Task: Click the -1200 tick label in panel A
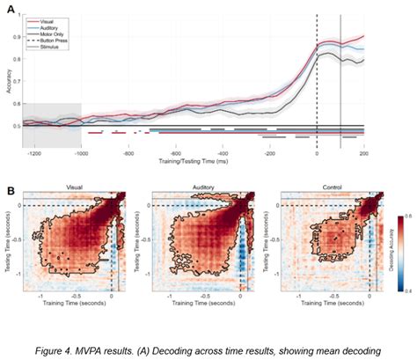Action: pyautogui.click(x=35, y=152)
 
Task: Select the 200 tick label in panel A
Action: pyautogui.click(x=363, y=152)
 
